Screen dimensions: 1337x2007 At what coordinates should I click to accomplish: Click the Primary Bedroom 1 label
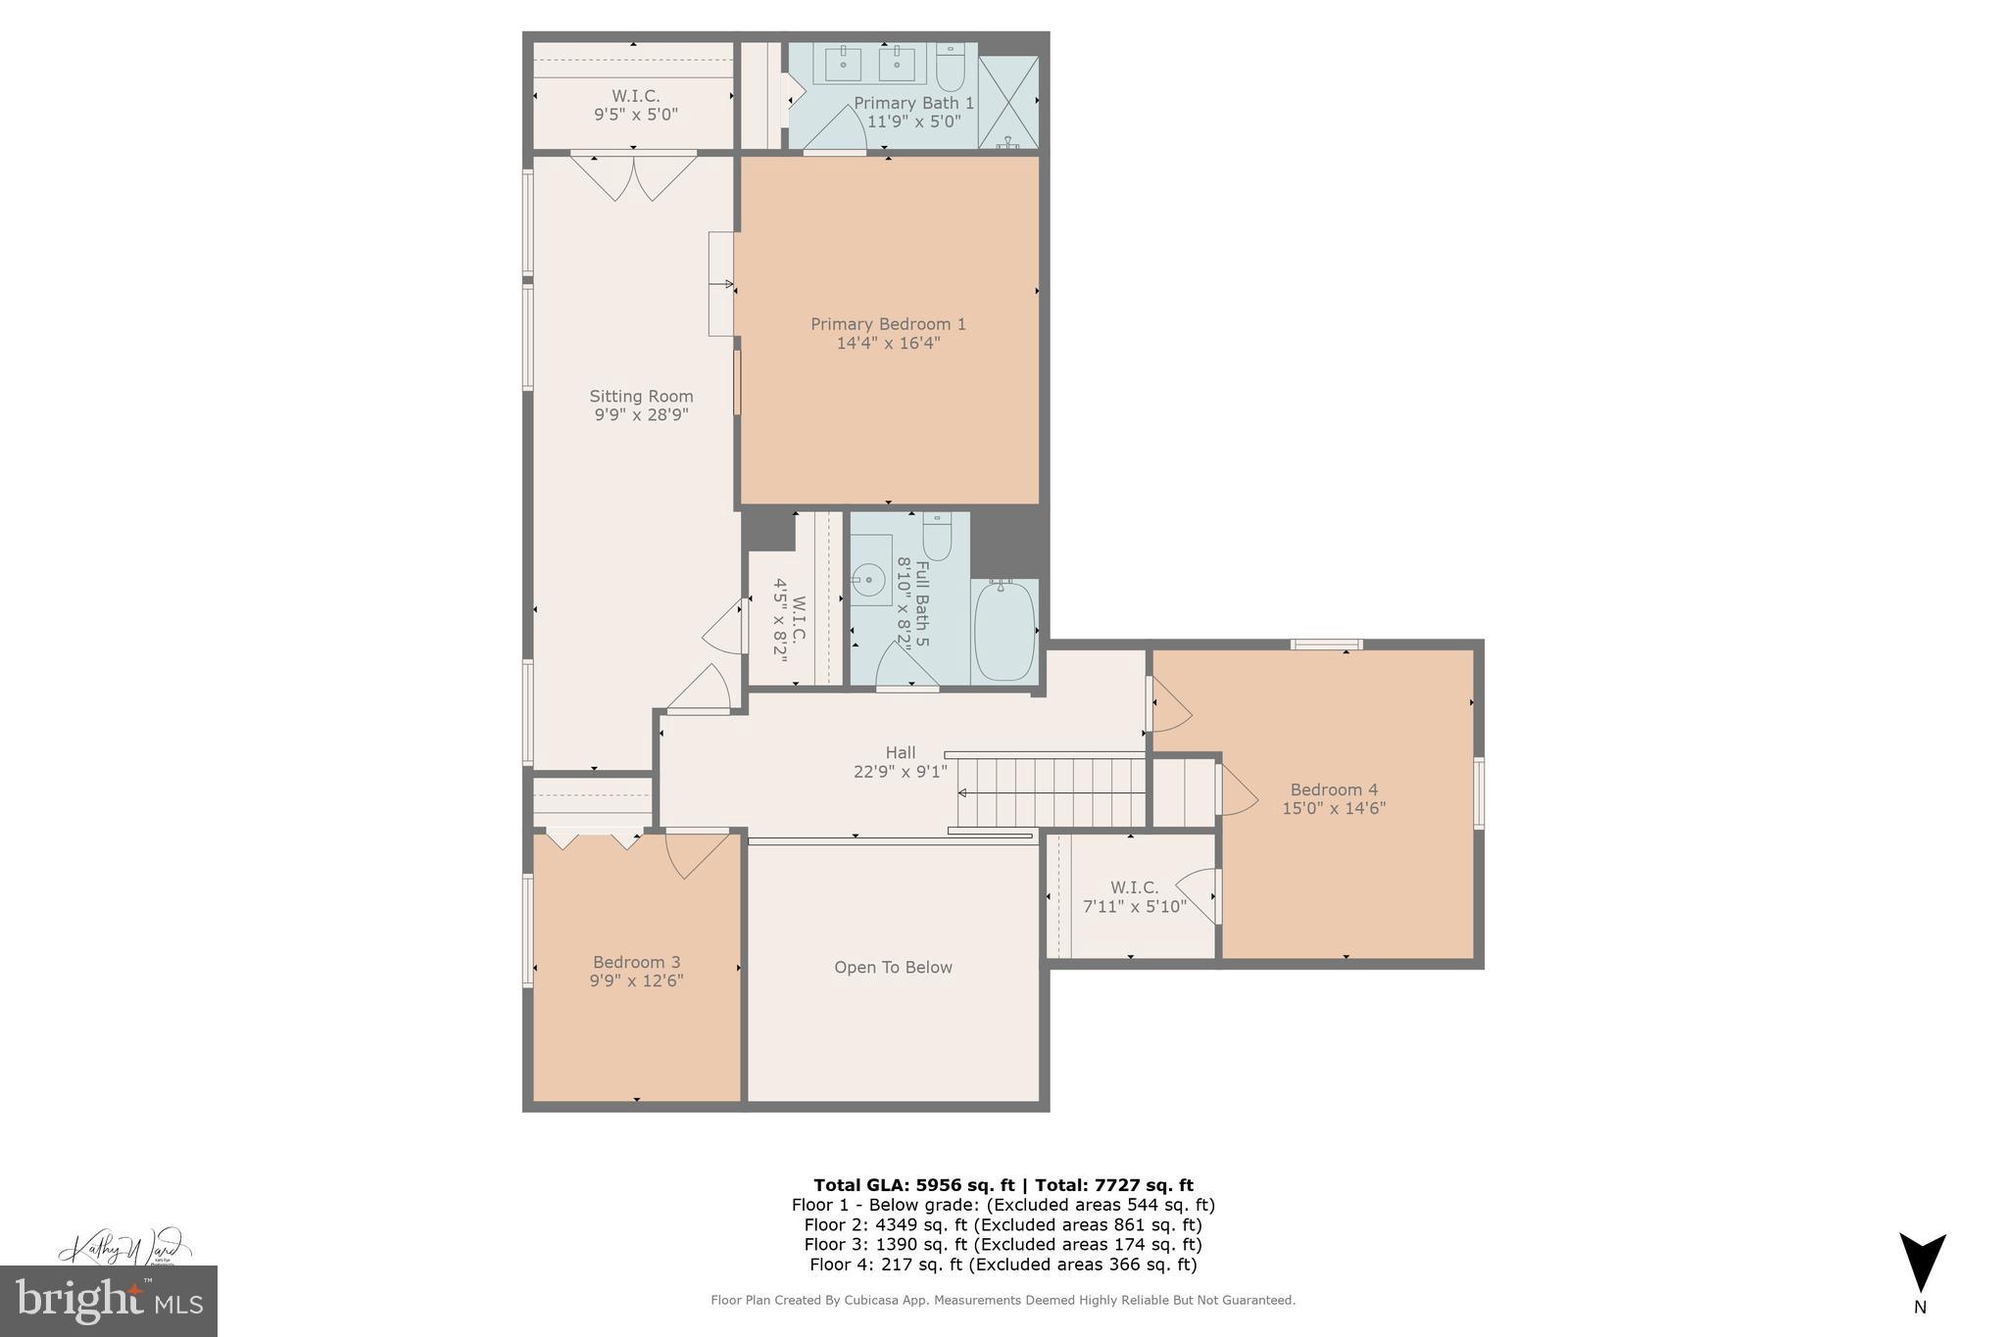888,324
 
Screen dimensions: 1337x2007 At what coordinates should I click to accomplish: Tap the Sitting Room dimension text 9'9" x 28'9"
641,415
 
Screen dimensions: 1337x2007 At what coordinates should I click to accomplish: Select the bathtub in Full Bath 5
1004,632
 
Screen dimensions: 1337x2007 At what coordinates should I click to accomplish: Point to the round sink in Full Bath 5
868,580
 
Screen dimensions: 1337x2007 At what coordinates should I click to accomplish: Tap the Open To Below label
893,968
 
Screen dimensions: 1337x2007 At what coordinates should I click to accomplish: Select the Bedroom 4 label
1334,789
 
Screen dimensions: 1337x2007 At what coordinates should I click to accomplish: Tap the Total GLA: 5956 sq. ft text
912,1185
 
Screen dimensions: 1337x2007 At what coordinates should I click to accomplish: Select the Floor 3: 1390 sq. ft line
1003,1245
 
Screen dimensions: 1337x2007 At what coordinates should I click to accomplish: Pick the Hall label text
900,752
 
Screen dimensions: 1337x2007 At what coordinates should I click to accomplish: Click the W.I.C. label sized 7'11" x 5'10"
1134,887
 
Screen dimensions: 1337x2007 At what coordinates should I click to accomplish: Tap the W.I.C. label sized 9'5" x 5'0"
635,96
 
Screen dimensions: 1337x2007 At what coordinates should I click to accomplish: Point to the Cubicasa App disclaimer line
1003,1301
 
